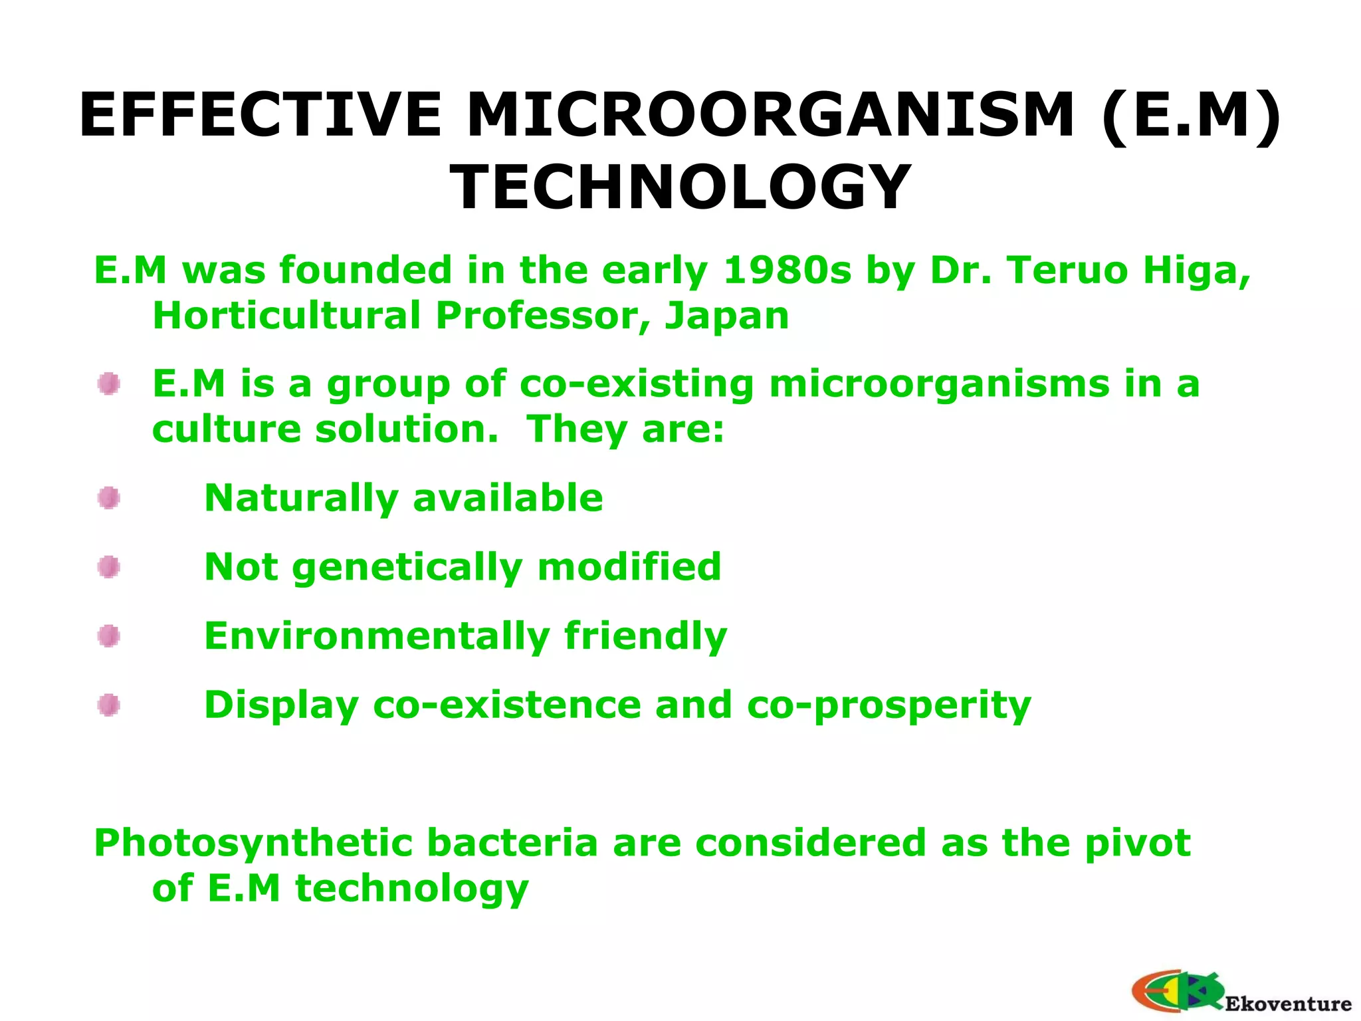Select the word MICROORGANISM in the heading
pyautogui.click(x=770, y=115)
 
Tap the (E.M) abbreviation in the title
pyautogui.click(x=1190, y=115)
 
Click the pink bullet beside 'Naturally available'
pyautogui.click(x=109, y=498)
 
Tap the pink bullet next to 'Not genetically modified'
pyautogui.click(x=109, y=567)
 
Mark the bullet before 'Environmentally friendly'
pyautogui.click(x=109, y=636)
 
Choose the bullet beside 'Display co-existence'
pyautogui.click(x=109, y=705)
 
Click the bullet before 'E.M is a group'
pyautogui.click(x=109, y=384)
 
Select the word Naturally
pyautogui.click(x=301, y=499)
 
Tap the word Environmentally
pyautogui.click(x=377, y=636)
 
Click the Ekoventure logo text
pyautogui.click(x=1287, y=1003)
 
